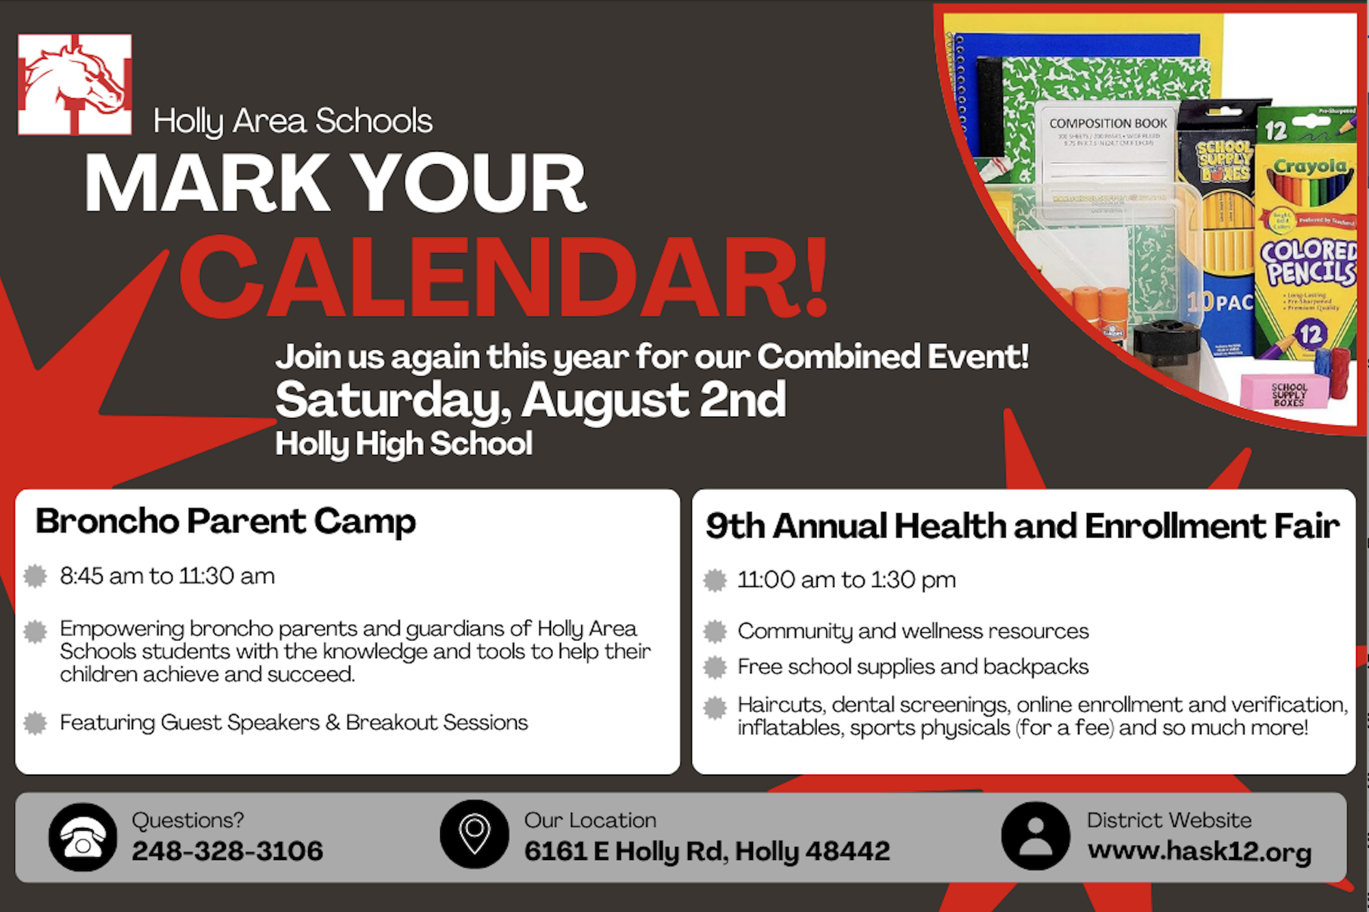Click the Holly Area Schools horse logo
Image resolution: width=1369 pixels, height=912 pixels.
click(75, 84)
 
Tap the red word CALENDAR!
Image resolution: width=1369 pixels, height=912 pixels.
click(504, 278)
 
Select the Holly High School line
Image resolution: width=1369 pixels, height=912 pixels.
click(404, 444)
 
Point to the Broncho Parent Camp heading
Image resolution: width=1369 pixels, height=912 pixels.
click(226, 522)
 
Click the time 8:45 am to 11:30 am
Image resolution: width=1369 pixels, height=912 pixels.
click(168, 576)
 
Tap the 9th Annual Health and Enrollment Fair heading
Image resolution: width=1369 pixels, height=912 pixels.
click(1023, 526)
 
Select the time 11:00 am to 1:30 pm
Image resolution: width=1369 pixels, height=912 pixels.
click(846, 580)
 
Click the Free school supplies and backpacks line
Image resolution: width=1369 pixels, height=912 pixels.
click(912, 666)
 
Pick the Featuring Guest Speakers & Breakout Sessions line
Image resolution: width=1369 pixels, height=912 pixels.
click(294, 722)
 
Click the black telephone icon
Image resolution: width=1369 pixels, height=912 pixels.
click(83, 837)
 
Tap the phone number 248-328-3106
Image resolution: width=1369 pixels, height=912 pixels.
click(227, 851)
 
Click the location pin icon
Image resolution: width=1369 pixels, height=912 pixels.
click(474, 834)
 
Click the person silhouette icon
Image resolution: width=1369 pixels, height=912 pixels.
click(1035, 836)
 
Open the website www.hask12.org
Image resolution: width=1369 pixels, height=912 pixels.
click(1199, 851)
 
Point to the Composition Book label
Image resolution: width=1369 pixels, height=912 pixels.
click(1108, 124)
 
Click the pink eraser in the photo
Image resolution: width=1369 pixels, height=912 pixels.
click(1284, 392)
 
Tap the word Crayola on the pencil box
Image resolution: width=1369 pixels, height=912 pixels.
click(1310, 166)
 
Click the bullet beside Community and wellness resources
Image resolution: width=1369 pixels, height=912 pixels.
click(715, 631)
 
